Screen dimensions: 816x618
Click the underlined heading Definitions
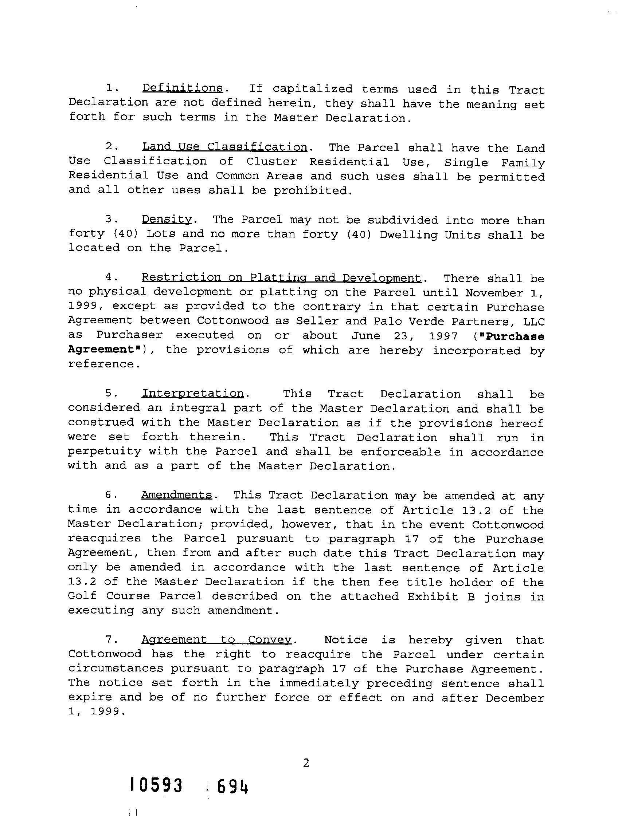182,88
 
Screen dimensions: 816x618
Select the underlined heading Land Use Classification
224,147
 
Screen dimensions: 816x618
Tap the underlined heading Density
167,220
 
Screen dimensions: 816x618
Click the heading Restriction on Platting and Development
281,278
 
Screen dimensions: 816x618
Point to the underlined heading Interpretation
192,394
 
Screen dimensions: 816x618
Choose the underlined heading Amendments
177,495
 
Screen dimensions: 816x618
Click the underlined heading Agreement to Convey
217,640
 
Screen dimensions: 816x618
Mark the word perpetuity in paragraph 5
105,452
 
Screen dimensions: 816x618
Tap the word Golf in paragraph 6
82,596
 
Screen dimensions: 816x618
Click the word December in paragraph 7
515,698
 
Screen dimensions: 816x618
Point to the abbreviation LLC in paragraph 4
534,322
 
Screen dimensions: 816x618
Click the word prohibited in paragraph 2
310,191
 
